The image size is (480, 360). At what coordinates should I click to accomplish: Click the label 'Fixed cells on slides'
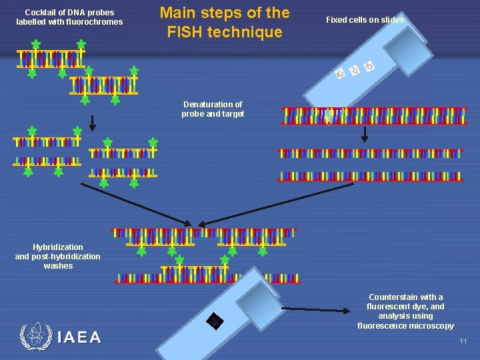[365, 20]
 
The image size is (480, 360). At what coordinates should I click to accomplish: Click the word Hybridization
[58, 247]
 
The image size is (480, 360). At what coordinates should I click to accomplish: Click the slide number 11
[463, 341]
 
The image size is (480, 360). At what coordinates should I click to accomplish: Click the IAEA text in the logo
[79, 337]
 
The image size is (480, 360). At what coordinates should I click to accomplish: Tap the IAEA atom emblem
[34, 337]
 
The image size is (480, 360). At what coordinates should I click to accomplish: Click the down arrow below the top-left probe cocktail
[93, 121]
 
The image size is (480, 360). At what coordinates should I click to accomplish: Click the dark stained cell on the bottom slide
[215, 321]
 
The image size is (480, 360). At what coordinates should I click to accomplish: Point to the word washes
[58, 266]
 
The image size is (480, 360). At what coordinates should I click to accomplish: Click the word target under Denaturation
[233, 114]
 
